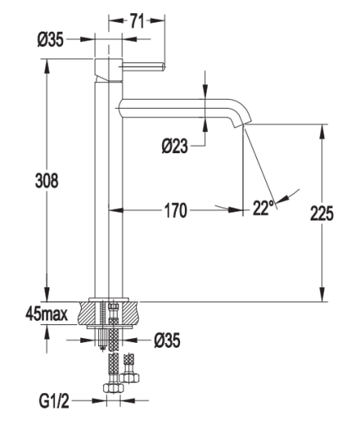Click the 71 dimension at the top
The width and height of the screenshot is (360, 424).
[x=137, y=21]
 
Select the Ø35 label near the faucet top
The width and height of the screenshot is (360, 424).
[x=50, y=40]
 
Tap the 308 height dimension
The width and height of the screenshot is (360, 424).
[x=46, y=181]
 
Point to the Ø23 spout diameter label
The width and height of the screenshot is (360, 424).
[x=174, y=146]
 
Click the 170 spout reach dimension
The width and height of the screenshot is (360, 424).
[x=176, y=210]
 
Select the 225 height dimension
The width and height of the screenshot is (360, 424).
[x=322, y=213]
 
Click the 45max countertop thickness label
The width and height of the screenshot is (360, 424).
[x=46, y=315]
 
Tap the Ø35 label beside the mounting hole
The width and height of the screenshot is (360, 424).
[x=167, y=340]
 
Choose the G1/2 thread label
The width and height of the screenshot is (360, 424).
[x=54, y=401]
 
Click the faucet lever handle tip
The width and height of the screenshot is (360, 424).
[x=163, y=67]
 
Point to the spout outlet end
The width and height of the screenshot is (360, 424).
[x=239, y=126]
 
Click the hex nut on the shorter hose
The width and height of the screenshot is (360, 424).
[x=129, y=378]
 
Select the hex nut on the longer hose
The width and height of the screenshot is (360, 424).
[x=114, y=388]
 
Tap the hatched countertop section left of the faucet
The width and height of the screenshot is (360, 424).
[x=86, y=313]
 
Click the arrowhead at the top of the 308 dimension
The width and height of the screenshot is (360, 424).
[x=47, y=66]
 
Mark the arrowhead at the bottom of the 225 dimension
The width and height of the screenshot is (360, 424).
[x=322, y=295]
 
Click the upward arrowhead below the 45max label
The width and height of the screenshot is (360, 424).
[x=47, y=332]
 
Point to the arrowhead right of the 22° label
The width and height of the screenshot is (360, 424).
[x=282, y=199]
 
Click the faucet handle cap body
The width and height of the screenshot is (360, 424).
[x=109, y=70]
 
